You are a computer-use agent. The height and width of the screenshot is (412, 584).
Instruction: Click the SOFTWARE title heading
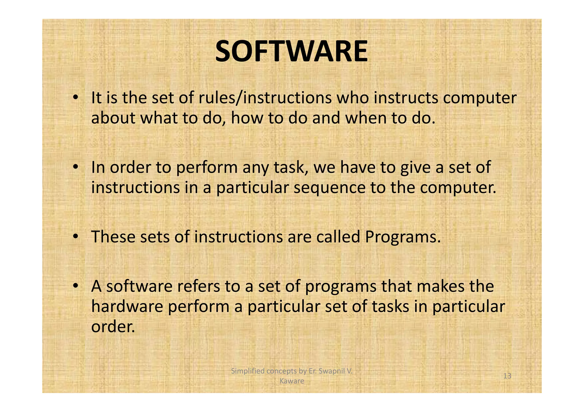[291, 52]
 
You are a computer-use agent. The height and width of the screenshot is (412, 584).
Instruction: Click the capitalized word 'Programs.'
[403, 237]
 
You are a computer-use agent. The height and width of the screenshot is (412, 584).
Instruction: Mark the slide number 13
[507, 376]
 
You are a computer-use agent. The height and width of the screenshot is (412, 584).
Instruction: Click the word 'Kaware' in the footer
[292, 381]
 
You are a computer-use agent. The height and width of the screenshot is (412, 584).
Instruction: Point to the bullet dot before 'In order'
[75, 167]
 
